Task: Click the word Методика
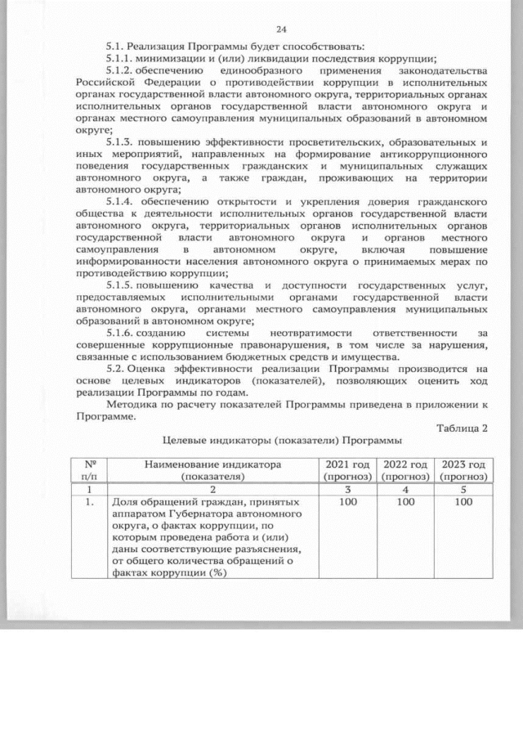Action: click(x=132, y=406)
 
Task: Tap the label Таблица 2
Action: click(x=463, y=428)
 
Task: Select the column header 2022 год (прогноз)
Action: click(x=405, y=469)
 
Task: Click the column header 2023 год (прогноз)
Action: click(x=463, y=469)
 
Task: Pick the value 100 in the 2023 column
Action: click(x=463, y=502)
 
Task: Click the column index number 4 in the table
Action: click(x=405, y=488)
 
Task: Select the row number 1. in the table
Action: click(x=88, y=502)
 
